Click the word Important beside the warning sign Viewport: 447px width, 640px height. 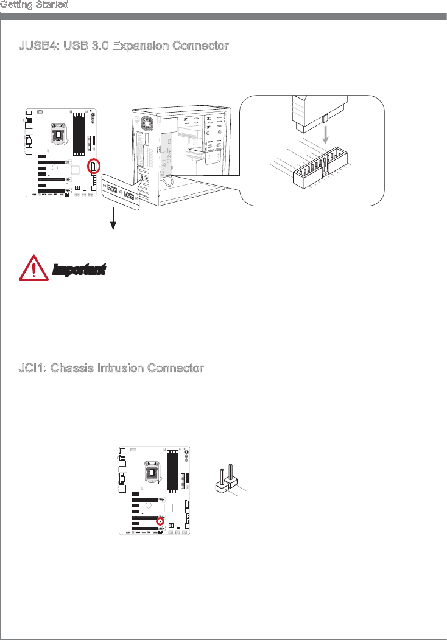pyautogui.click(x=79, y=269)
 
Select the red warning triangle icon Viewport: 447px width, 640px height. pyautogui.click(x=35, y=268)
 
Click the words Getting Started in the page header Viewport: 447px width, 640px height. pyautogui.click(x=34, y=4)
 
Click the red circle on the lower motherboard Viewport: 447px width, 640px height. pyautogui.click(x=160, y=521)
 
